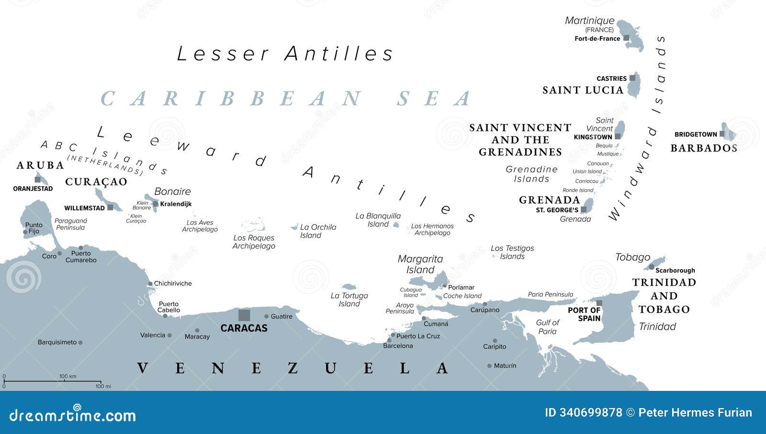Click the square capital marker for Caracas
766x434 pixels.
point(244,315)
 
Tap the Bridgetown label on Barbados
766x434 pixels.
point(696,134)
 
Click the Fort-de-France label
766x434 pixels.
point(597,38)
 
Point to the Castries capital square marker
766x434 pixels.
point(632,78)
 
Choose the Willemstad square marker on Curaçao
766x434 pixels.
point(110,207)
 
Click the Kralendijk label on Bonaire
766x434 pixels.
point(176,204)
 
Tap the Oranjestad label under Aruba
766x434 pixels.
point(33,188)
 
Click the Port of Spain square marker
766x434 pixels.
point(599,303)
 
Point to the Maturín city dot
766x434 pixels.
point(489,365)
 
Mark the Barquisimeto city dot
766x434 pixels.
point(80,343)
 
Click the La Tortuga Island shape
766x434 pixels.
point(349,286)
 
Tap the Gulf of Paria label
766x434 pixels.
point(547,327)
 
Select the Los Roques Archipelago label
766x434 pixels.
point(254,241)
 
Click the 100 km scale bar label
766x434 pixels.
point(68,376)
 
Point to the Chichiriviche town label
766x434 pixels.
point(173,283)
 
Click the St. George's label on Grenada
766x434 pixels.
point(557,210)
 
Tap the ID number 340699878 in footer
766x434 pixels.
point(584,412)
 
